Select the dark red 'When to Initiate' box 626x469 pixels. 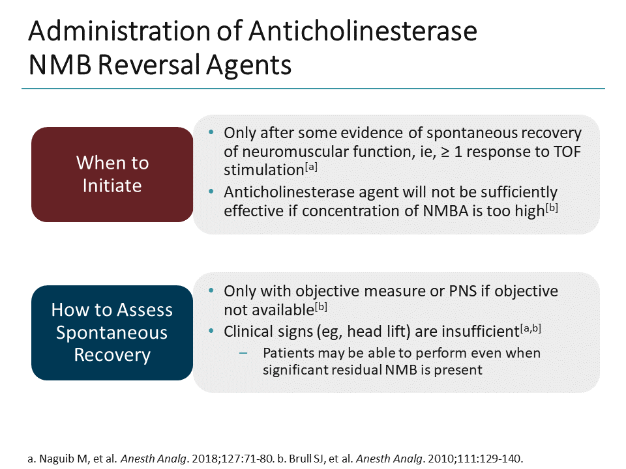point(112,174)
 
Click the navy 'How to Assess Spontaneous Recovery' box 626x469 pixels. point(112,333)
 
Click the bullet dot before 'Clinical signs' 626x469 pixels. point(211,331)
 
